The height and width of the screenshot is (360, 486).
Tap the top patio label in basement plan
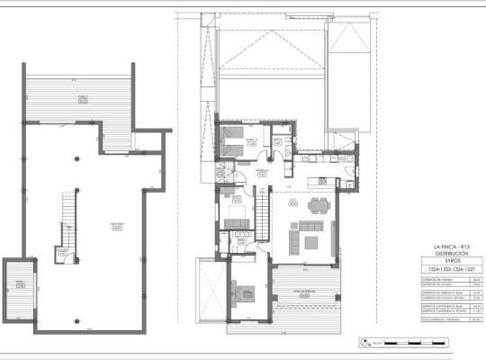[83, 100]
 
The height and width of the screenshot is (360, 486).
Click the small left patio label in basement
[19, 283]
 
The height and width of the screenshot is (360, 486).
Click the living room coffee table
[310, 240]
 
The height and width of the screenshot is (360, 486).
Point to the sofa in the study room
[237, 222]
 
